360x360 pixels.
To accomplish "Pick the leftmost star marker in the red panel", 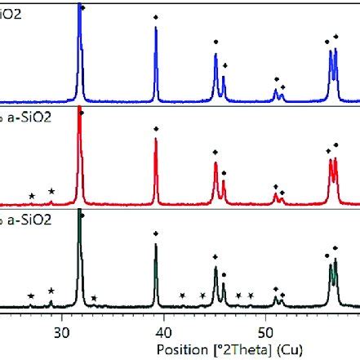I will pos(32,196).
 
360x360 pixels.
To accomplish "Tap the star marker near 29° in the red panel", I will pos(51,191).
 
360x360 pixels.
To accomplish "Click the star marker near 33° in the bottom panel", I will pos(94,298).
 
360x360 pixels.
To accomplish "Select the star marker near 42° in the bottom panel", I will pos(182,296).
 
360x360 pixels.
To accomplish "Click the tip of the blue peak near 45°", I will pos(216,54).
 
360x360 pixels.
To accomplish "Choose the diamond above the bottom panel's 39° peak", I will pos(156,233).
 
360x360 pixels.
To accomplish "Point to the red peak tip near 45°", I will pos(216,162).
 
